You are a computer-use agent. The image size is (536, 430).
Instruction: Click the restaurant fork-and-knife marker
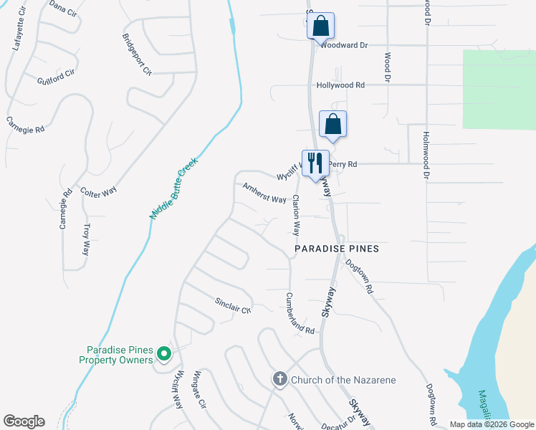(x=315, y=163)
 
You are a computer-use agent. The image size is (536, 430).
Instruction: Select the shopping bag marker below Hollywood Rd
(x=333, y=124)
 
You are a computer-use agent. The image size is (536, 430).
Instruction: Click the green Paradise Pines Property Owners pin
(x=164, y=353)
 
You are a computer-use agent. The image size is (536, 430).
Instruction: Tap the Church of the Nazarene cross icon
(x=279, y=379)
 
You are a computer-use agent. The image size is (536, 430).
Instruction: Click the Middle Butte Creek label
(x=173, y=190)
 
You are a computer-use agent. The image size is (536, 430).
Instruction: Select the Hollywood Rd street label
(x=340, y=85)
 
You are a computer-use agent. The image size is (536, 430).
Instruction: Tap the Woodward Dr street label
(x=344, y=44)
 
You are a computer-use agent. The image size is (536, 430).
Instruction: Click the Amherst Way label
(x=264, y=193)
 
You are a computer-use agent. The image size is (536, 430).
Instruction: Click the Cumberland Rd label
(x=300, y=314)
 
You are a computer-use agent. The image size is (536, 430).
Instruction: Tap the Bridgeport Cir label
(x=137, y=54)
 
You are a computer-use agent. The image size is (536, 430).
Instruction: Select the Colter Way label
(x=99, y=193)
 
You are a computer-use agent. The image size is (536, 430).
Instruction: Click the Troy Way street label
(x=87, y=239)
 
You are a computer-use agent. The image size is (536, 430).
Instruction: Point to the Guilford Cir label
(x=56, y=77)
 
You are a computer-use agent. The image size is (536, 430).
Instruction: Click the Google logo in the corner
(x=24, y=421)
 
